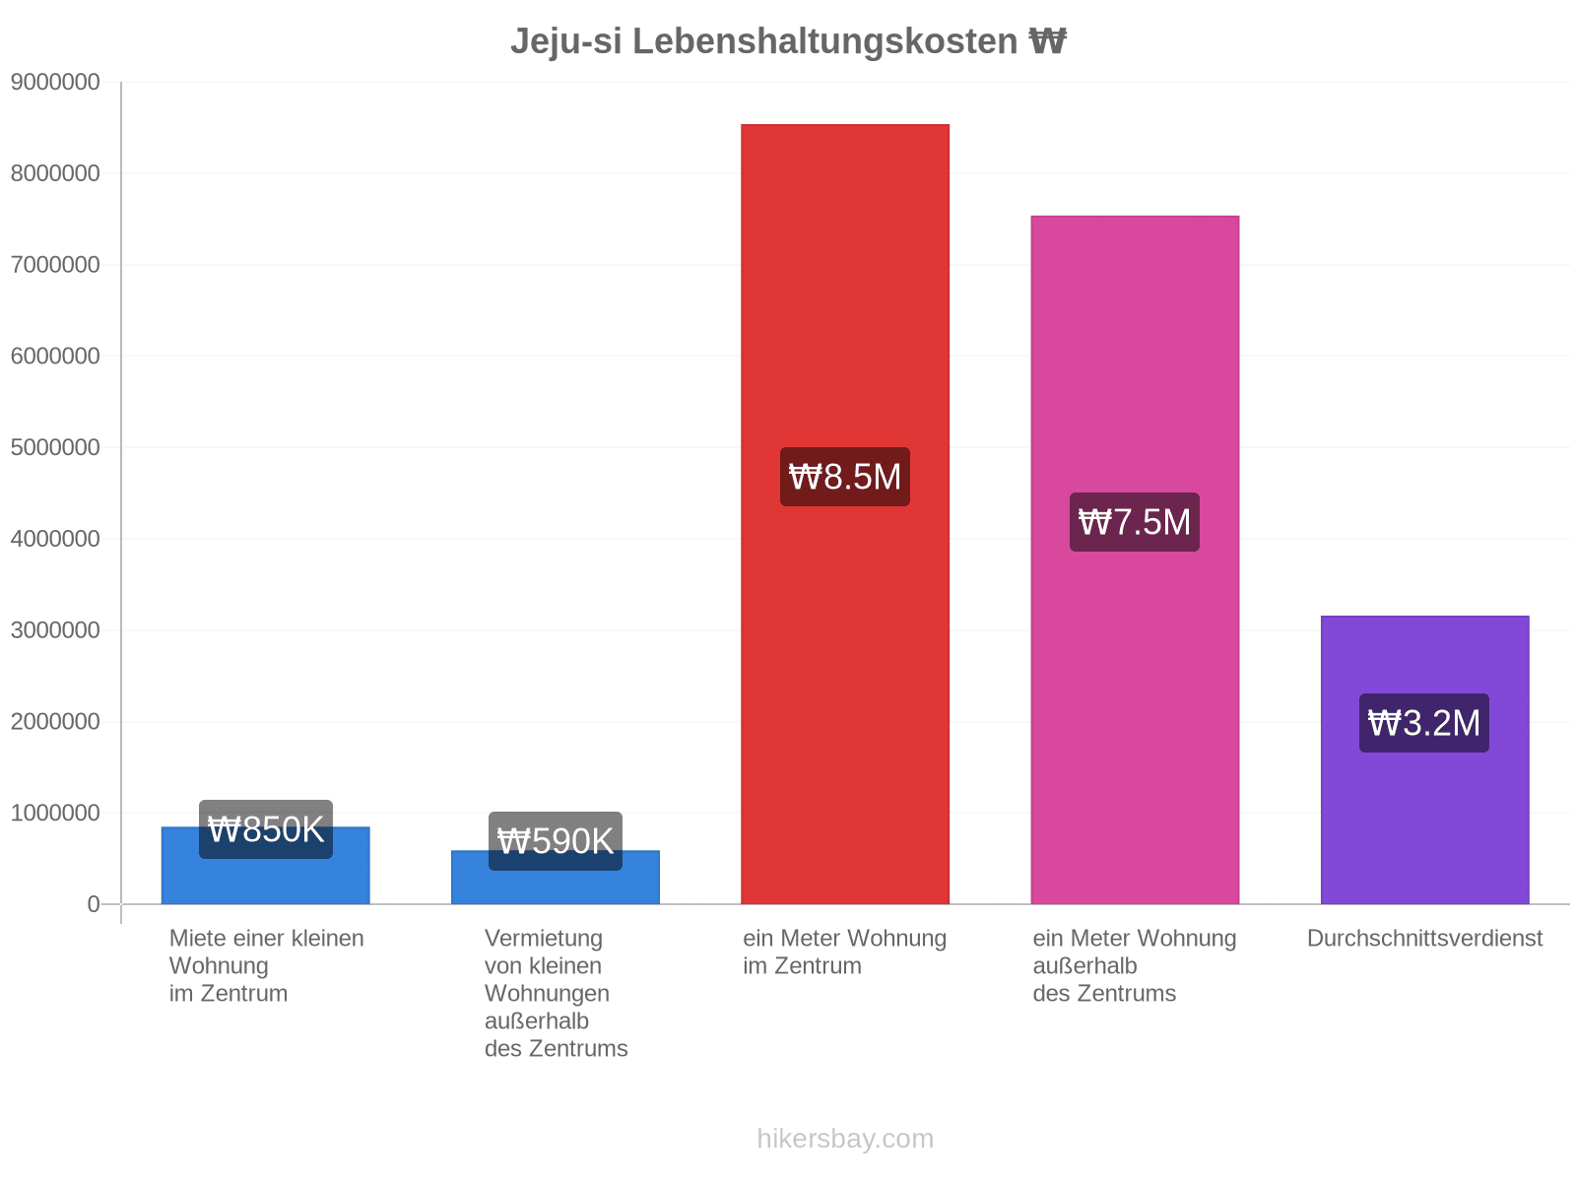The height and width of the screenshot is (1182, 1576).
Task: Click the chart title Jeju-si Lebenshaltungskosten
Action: [x=763, y=41]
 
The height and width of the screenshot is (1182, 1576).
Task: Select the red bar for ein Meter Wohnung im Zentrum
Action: [x=844, y=514]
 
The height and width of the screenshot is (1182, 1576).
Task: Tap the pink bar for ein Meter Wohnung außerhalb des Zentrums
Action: [x=1135, y=559]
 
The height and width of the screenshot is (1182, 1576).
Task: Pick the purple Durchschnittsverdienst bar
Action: [x=1424, y=759]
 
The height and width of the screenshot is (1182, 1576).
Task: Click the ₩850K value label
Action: [x=266, y=829]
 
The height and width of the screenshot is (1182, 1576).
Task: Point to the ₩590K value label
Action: [x=555, y=840]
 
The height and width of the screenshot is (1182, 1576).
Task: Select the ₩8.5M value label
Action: [x=844, y=477]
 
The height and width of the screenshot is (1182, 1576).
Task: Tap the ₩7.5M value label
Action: [x=1135, y=522]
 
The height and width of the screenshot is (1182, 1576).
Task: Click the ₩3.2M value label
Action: [x=1423, y=723]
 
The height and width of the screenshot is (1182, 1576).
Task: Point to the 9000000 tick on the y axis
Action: [x=55, y=82]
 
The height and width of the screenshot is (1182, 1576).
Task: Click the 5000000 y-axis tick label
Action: [x=55, y=447]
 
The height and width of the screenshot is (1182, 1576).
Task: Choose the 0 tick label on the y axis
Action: [x=94, y=903]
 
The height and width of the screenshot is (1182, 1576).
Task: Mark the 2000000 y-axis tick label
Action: [x=55, y=721]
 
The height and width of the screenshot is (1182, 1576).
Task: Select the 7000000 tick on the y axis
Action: [x=55, y=264]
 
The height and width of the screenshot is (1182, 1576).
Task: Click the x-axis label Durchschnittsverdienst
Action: [x=1424, y=938]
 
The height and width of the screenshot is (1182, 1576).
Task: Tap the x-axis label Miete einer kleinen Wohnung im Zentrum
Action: [x=266, y=965]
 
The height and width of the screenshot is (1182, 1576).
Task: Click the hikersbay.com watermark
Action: [x=845, y=1139]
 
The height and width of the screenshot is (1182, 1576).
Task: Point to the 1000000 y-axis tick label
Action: [x=55, y=813]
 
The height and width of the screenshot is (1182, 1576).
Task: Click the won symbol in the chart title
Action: [x=1047, y=41]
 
